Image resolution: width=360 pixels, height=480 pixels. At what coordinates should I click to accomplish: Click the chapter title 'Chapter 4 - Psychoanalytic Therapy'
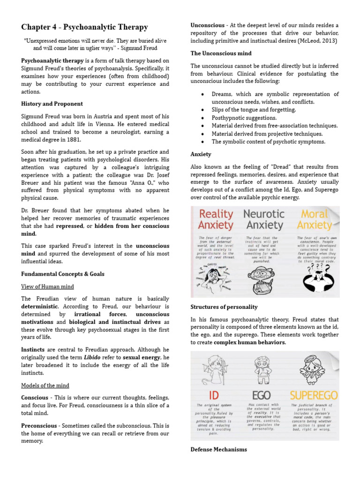point(84,27)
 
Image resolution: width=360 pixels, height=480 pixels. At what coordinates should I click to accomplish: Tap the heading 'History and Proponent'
point(52,104)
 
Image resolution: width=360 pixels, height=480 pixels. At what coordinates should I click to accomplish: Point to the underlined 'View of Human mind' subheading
point(47,286)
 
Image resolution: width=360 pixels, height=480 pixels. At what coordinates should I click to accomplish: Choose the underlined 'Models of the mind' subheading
point(45,385)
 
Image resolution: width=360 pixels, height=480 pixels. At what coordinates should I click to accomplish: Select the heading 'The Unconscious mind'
point(221,53)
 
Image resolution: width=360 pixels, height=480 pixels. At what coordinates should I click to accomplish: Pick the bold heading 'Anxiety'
point(201,154)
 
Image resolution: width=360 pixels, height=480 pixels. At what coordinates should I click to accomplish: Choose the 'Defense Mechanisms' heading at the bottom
point(218,450)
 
